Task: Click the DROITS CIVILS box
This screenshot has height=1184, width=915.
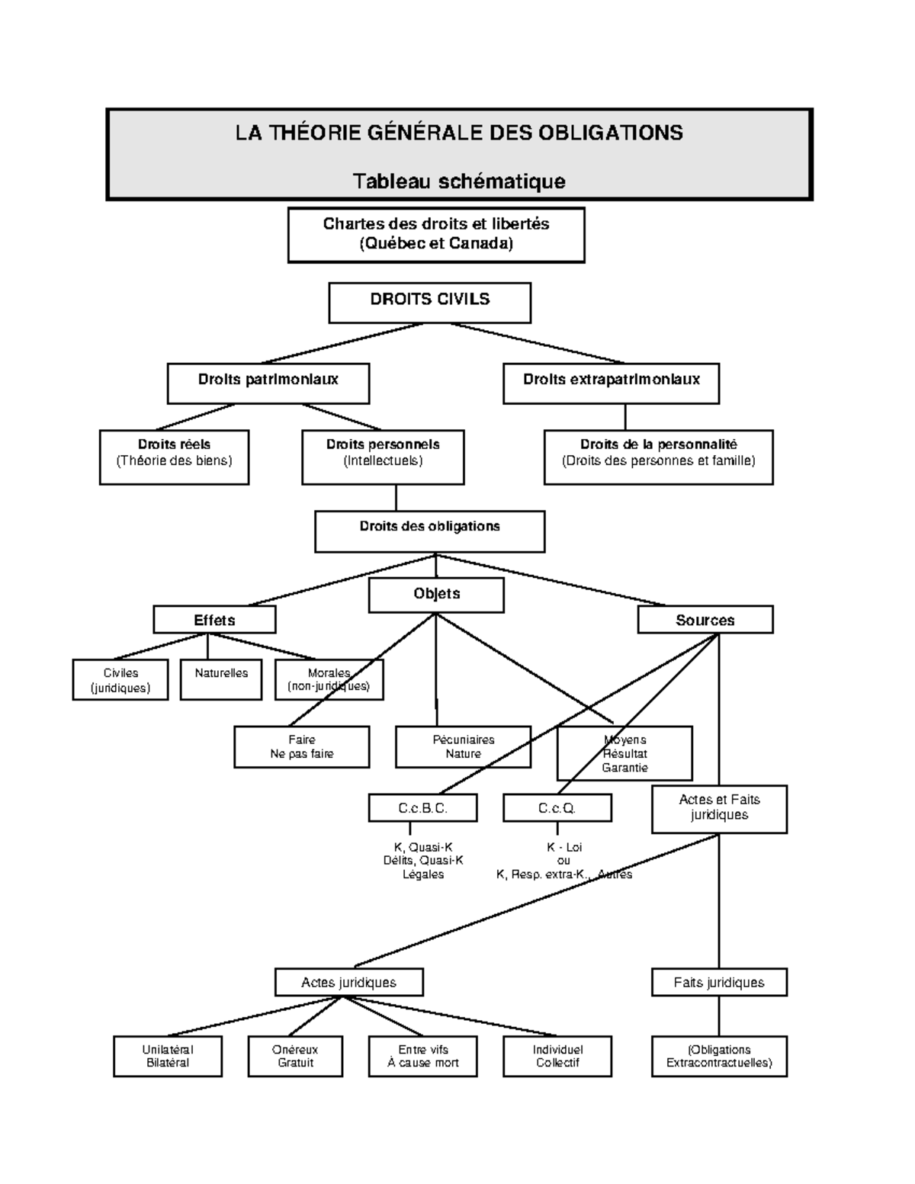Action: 429,303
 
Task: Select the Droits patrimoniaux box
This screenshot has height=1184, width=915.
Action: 268,383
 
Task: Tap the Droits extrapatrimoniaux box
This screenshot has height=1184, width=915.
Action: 611,383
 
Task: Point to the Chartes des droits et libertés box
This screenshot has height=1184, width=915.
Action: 436,235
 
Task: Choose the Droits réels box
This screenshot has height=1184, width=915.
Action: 174,457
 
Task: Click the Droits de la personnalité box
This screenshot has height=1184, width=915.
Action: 658,457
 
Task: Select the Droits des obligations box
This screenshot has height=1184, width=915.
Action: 429,531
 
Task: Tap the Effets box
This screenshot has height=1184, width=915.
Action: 214,620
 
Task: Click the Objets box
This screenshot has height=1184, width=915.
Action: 436,595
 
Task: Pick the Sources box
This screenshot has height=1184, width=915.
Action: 705,620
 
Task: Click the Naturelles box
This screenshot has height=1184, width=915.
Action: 220,679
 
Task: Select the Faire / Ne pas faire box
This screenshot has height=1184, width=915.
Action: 301,746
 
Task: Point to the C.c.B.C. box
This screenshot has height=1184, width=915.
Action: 422,808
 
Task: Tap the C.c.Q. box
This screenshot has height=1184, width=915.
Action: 557,808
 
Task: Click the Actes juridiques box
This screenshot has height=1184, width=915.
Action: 348,982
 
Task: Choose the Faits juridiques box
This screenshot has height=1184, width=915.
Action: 718,982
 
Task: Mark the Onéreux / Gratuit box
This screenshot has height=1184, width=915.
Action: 295,1056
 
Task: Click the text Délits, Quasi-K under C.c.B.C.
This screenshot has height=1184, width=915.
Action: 422,861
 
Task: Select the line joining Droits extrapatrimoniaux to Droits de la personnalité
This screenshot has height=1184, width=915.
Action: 625,417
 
